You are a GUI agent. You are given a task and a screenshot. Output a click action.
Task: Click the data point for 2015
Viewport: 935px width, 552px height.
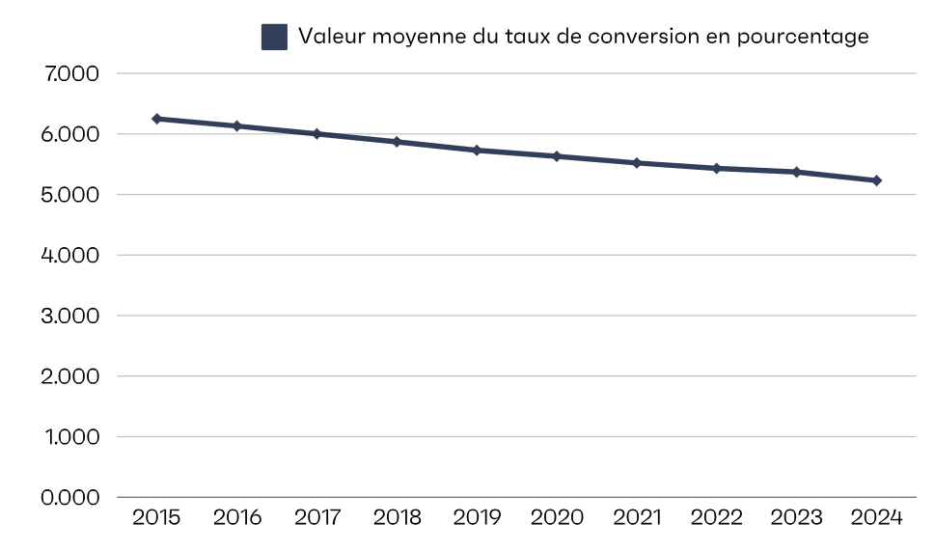tap(156, 119)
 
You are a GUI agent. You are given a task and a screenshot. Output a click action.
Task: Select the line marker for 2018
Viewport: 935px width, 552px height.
tap(397, 142)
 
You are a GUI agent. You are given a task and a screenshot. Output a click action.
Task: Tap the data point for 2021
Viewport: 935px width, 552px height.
tap(637, 163)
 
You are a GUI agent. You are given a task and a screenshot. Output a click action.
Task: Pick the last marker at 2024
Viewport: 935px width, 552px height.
tap(876, 180)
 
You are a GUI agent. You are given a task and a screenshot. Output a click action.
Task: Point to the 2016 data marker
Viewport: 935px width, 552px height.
tap(236, 125)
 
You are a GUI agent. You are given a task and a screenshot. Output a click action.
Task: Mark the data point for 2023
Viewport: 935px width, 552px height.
tap(796, 172)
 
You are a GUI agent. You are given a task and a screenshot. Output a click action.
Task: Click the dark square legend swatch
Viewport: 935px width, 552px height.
tap(274, 37)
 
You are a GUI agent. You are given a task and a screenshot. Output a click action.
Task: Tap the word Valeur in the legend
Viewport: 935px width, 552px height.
tap(329, 37)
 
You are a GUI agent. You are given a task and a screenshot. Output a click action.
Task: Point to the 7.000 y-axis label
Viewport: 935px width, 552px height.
tap(73, 73)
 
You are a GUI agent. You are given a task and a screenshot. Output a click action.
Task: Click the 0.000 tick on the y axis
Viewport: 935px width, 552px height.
tap(73, 497)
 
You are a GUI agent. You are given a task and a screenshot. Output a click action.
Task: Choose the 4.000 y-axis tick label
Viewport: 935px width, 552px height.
tap(73, 255)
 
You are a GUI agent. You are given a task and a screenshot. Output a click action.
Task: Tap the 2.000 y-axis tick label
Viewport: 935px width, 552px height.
tap(73, 376)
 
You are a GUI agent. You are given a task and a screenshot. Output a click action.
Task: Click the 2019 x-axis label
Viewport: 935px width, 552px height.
tap(477, 518)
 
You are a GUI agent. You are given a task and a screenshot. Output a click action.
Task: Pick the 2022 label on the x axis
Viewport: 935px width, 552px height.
tap(716, 518)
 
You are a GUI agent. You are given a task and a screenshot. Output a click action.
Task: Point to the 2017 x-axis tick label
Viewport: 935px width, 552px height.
tap(316, 518)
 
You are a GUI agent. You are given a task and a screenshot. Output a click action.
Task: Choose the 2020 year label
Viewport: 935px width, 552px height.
tap(557, 518)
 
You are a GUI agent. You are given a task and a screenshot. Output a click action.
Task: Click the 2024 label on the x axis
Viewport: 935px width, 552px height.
tap(876, 518)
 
